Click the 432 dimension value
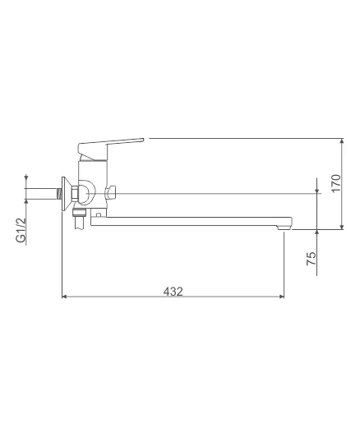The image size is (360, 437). tap(173, 292)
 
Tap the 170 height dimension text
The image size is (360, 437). tap(336, 183)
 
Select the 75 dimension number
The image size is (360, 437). tap(312, 259)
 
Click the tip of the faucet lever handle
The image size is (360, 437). tap(143, 140)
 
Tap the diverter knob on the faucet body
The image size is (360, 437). tap(111, 192)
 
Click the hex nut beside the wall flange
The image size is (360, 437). tap(75, 193)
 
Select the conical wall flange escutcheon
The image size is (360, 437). tap(66, 194)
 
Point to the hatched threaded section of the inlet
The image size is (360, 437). tap(58, 193)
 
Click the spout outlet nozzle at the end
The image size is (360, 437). tap(284, 228)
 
